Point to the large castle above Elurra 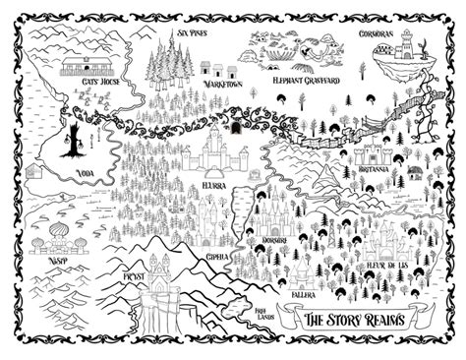tap(213, 150)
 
